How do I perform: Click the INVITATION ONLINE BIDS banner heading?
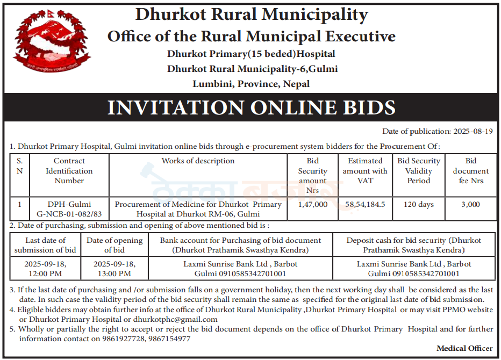(251, 107)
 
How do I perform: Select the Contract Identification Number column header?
(69, 171)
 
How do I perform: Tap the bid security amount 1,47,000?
(312, 204)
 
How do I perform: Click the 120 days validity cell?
(418, 204)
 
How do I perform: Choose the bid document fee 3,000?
(470, 204)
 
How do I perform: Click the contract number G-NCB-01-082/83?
(69, 213)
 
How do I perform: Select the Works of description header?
(198, 161)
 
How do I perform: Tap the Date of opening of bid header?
(114, 245)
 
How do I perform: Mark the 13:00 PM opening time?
(114, 273)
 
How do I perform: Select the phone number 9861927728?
(124, 339)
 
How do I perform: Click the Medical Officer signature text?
(464, 348)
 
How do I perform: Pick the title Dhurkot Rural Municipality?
(252, 15)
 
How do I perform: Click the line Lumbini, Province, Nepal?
(251, 84)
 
